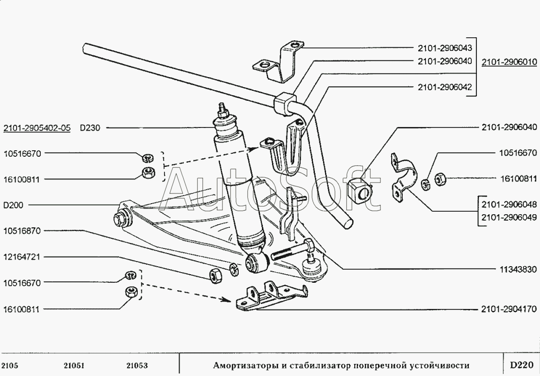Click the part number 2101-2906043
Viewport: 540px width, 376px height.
445,49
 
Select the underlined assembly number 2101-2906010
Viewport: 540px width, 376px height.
508,62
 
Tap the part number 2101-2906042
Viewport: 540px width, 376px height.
445,87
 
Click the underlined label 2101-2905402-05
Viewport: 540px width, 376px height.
37,128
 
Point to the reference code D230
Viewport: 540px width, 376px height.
90,128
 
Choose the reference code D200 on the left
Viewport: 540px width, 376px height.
14,205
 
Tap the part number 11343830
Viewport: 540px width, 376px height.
517,270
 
